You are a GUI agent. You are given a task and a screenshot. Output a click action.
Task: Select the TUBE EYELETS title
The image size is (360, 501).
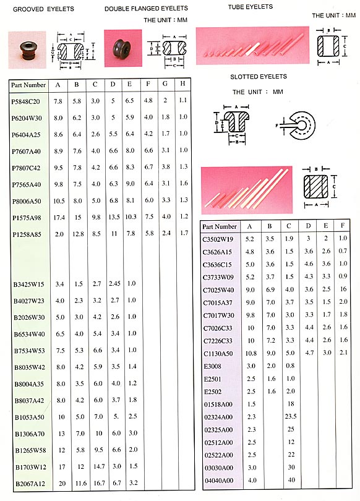pyautogui.click(x=251, y=7)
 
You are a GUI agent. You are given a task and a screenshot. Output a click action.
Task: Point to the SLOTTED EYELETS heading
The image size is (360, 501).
pyautogui.click(x=259, y=77)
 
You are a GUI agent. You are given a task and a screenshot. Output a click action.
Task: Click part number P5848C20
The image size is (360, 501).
pyautogui.click(x=25, y=100)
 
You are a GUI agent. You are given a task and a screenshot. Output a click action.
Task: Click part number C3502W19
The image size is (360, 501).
pyautogui.click(x=218, y=238)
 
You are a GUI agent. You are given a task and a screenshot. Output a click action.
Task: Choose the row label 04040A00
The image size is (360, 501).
pyautogui.click(x=218, y=481)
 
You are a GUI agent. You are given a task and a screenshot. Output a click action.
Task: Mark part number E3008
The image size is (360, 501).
pyautogui.click(x=212, y=366)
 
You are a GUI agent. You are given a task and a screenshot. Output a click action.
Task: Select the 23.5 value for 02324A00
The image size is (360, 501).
pyautogui.click(x=289, y=416)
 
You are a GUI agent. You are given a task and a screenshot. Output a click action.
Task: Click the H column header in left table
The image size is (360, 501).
pyautogui.click(x=183, y=84)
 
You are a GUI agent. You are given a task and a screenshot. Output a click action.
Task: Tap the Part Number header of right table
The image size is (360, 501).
pyautogui.click(x=220, y=227)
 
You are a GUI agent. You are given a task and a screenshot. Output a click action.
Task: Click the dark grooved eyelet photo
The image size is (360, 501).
pyautogui.click(x=25, y=47)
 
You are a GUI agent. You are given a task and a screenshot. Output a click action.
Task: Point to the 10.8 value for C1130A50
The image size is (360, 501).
pyautogui.click(x=250, y=353)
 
